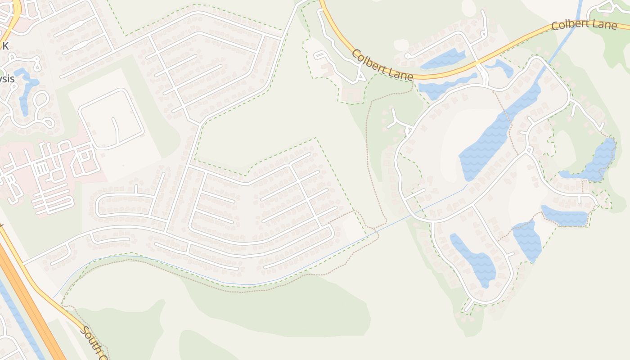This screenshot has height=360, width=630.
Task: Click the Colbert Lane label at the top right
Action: tap(584, 24)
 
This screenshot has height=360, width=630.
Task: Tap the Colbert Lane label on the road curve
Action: tap(382, 66)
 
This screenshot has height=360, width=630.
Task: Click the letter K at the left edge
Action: tap(5, 45)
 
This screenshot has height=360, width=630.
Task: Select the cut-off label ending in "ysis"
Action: tap(7, 79)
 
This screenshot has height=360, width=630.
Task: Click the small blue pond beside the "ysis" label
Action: tap(25, 90)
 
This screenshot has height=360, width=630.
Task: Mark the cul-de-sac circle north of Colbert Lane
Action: tap(407, 56)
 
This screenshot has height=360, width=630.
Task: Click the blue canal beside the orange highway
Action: tap(13, 310)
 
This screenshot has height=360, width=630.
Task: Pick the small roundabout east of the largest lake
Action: tap(529, 149)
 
